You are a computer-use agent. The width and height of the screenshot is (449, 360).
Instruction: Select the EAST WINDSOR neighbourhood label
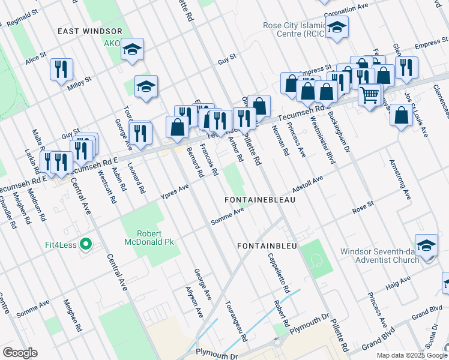(90, 31)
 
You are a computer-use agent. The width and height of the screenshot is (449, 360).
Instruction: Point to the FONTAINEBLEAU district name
(259, 199)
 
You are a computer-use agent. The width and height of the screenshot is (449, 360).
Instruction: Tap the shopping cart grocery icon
(370, 94)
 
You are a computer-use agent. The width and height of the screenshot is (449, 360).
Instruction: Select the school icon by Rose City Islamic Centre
(337, 27)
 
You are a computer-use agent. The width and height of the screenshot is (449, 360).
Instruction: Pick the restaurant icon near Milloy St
(61, 69)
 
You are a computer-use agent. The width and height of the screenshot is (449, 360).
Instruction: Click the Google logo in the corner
(20, 353)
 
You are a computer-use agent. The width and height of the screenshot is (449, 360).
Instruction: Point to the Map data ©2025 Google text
(411, 355)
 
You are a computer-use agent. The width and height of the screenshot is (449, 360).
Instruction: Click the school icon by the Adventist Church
(426, 245)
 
